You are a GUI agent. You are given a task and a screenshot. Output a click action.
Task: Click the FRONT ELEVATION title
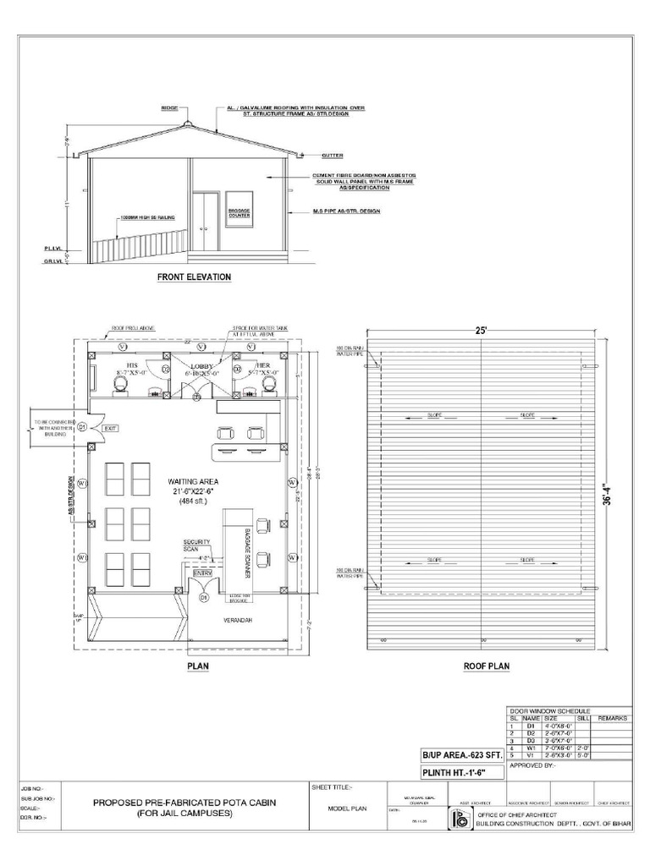pyautogui.click(x=194, y=277)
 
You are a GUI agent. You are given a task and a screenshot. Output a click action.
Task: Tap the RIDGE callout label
pyautogui.click(x=170, y=109)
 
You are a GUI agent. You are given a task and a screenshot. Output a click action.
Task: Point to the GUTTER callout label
pyautogui.click(x=332, y=156)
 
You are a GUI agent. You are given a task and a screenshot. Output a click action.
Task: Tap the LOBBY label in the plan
pyautogui.click(x=201, y=366)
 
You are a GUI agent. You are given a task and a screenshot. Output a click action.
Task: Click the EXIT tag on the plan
pyautogui.click(x=110, y=429)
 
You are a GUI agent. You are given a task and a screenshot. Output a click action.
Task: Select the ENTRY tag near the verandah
pyautogui.click(x=203, y=574)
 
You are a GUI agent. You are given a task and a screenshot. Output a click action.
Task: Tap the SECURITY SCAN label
pyautogui.click(x=196, y=545)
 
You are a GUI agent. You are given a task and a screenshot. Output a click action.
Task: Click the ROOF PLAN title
pyautogui.click(x=486, y=666)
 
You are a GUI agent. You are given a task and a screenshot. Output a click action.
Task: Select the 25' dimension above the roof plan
pyautogui.click(x=481, y=331)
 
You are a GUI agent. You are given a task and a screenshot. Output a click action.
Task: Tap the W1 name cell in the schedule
pyautogui.click(x=531, y=748)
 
